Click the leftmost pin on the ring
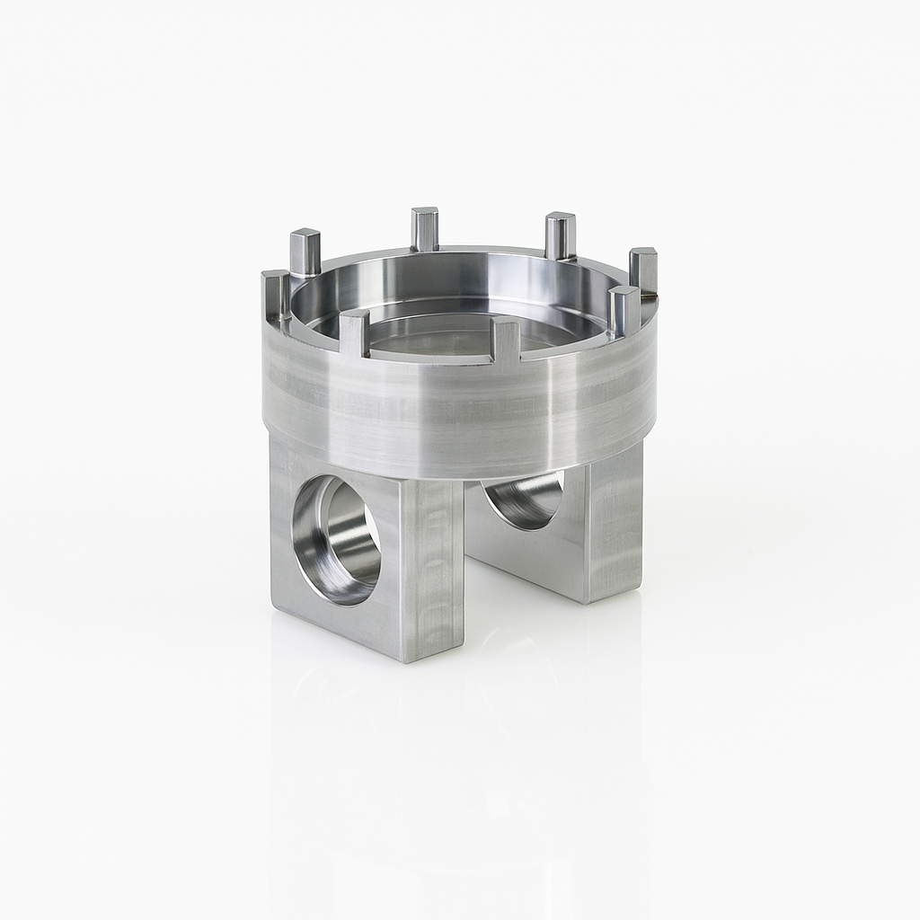click(x=275, y=295)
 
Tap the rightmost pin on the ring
click(x=643, y=271)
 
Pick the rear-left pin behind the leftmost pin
click(x=305, y=253)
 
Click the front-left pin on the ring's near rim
click(x=354, y=334)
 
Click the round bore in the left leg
click(x=338, y=539)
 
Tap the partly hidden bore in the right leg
click(x=526, y=499)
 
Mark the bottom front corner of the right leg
click(x=588, y=601)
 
